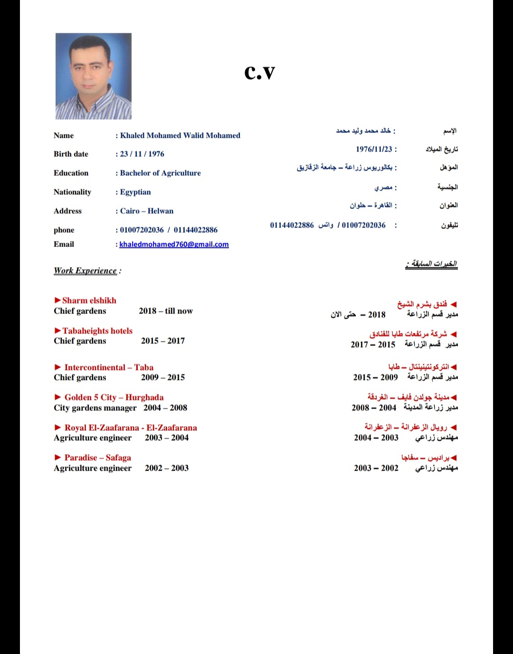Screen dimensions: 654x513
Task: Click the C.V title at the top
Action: (259, 72)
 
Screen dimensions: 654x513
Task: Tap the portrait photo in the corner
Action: (93, 76)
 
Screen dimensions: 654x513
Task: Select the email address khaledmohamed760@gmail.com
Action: (174, 244)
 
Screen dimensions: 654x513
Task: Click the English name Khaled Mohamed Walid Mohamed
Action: (180, 135)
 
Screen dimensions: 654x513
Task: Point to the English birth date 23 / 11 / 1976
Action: (142, 154)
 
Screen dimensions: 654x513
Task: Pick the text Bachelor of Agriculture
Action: (160, 173)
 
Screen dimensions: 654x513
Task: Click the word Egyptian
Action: (135, 192)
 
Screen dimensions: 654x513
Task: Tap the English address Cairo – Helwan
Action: (147, 211)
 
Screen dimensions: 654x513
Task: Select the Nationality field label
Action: (72, 192)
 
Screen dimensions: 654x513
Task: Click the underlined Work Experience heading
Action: (85, 271)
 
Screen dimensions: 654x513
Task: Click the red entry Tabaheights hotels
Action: (97, 331)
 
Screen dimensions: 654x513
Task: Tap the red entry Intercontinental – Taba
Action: (109, 367)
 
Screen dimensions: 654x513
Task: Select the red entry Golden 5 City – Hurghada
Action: (114, 397)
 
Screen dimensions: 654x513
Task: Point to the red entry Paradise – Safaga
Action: (98, 457)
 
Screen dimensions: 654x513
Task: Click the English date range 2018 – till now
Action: (166, 311)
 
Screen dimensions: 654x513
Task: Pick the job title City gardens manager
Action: (95, 408)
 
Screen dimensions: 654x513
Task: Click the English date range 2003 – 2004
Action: (167, 437)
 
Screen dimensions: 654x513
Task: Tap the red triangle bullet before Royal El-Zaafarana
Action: (58, 427)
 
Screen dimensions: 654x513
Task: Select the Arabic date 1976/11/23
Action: (374, 149)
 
